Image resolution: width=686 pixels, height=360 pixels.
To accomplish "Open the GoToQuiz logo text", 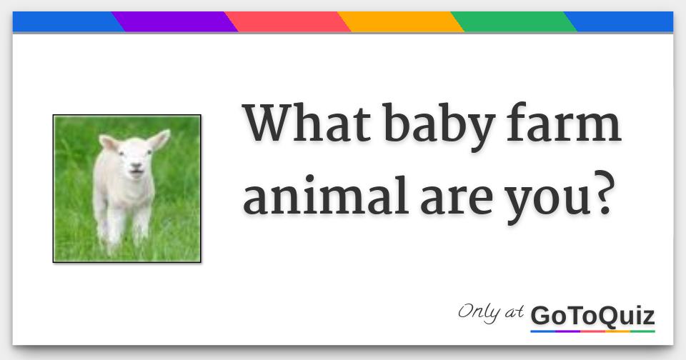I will (x=592, y=315).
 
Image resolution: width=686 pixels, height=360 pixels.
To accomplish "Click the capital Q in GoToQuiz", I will (x=609, y=316).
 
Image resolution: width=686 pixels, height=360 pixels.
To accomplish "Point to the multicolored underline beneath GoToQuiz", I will (x=592, y=331).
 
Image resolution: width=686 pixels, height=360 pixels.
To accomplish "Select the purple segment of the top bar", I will (x=175, y=22).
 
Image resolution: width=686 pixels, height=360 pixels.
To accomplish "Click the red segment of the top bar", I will (x=288, y=22).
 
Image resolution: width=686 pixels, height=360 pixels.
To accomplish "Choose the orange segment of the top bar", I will (x=401, y=22).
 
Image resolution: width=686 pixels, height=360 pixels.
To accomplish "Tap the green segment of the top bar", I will (x=514, y=22).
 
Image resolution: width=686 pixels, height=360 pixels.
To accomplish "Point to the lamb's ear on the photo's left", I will (x=108, y=144).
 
